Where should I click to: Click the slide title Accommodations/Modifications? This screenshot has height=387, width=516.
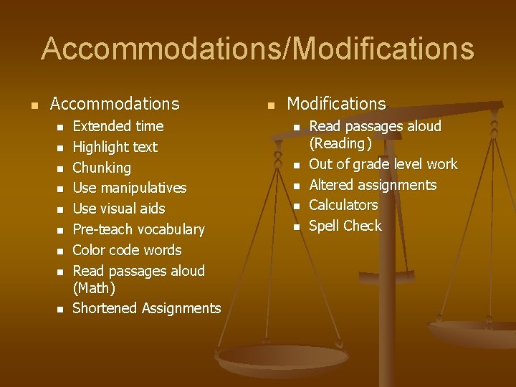(258, 49)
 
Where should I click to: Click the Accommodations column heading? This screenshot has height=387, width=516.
(115, 104)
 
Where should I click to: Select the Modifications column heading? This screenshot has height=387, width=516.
(336, 104)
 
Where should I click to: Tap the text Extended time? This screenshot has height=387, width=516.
(118, 126)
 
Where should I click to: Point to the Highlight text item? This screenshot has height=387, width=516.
(115, 147)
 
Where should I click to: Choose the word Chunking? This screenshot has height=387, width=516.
(102, 168)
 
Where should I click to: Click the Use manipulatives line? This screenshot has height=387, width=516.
(130, 188)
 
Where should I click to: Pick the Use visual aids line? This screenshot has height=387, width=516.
(119, 209)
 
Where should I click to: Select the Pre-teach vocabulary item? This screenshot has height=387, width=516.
(139, 229)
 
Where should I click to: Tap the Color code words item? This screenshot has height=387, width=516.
(128, 250)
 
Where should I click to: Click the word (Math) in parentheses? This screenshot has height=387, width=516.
(94, 288)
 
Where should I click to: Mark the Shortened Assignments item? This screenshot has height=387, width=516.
(147, 308)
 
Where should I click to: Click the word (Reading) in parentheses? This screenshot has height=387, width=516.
(340, 143)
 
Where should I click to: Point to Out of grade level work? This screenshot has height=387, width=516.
(383, 164)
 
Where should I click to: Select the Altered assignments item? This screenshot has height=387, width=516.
(373, 185)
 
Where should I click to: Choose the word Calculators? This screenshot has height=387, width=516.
(343, 205)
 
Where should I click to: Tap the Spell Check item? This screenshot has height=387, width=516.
(345, 226)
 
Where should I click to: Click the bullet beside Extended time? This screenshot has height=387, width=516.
(61, 128)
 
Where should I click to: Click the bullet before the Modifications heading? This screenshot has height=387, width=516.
(270, 106)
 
